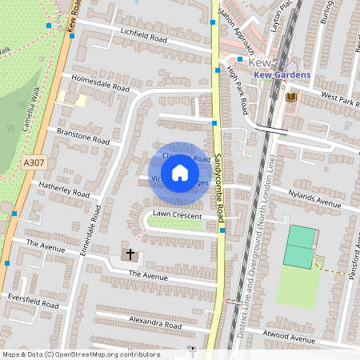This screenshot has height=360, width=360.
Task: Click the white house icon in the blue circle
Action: tap(180, 172)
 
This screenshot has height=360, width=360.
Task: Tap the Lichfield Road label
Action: tap(145, 38)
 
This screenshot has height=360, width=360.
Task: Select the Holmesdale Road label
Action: tap(100, 82)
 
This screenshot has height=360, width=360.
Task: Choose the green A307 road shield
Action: tap(34, 162)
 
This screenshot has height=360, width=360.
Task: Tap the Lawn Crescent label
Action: tap(178, 214)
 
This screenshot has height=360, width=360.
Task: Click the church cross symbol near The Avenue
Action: tap(130, 255)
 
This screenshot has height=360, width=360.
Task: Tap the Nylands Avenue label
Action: tap(317, 200)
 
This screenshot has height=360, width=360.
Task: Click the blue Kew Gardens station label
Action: tap(282, 74)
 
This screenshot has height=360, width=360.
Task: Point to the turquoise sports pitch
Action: tap(300, 246)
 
